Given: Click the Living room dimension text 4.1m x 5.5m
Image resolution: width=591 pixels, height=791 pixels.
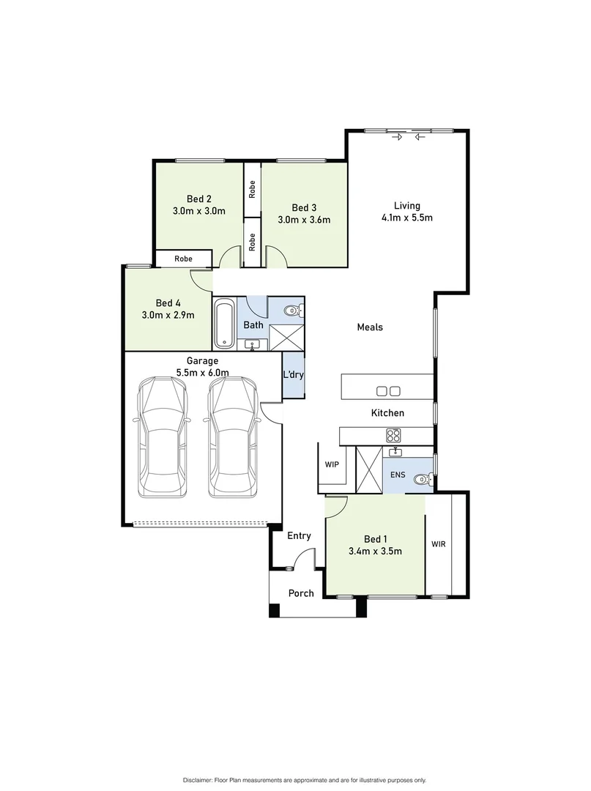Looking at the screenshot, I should (x=407, y=218).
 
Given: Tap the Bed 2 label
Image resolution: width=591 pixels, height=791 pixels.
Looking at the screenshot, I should (x=198, y=198).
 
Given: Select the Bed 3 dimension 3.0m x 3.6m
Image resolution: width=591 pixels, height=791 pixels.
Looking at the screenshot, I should (x=304, y=219).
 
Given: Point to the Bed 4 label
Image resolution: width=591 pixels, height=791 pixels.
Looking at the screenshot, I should (x=168, y=302).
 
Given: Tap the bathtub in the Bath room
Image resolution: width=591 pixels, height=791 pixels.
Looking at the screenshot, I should (x=225, y=324).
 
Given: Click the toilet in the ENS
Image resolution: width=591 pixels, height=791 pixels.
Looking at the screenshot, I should (x=421, y=480).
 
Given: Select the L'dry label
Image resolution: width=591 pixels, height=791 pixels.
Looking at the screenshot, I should (x=293, y=375).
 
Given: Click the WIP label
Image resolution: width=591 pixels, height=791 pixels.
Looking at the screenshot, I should (x=331, y=464).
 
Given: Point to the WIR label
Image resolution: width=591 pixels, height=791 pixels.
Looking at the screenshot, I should (x=438, y=544).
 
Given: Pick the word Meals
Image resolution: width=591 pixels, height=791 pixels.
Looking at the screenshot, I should (x=370, y=327).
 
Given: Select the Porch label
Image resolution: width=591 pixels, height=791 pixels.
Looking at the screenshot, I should (x=301, y=593).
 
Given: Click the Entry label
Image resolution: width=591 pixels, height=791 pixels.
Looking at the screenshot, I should (x=299, y=536).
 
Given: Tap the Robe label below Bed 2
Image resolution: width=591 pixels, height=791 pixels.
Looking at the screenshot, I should (x=183, y=259).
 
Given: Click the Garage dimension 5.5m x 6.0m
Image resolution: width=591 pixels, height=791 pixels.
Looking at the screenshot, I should (x=202, y=372).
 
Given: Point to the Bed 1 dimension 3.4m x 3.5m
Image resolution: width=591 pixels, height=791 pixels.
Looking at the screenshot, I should (x=375, y=552).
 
